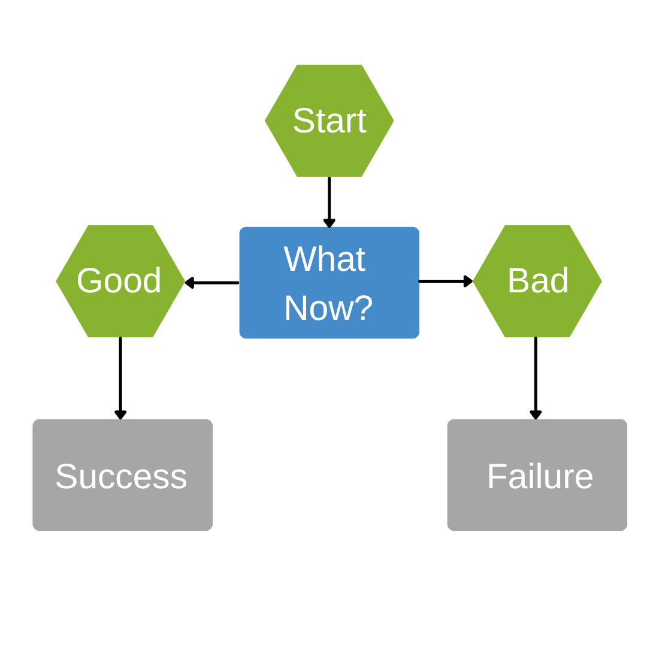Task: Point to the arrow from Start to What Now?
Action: coord(329,201)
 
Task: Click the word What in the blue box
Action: coord(324,259)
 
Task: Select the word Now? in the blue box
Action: coord(328,309)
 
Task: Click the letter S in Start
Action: coord(304,121)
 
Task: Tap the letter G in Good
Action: coord(89,281)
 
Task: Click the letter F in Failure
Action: coord(497,477)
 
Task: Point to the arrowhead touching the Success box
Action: coord(120,415)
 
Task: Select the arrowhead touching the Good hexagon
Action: coord(189,283)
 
